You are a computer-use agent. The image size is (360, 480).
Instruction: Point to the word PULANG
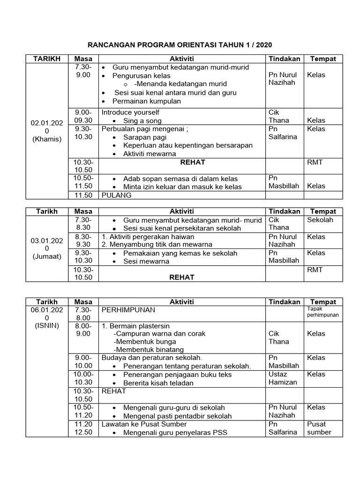tap(117, 195)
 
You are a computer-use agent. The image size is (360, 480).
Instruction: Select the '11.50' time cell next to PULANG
tap(83, 195)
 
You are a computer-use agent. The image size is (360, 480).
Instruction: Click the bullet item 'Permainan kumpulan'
tap(146, 101)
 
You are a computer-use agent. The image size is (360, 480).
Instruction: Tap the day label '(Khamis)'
tap(46, 139)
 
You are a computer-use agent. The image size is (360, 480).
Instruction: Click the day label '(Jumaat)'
tap(46, 256)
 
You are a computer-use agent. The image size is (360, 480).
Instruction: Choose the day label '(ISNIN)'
tap(46, 326)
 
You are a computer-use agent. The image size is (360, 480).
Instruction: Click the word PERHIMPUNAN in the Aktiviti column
tap(128, 310)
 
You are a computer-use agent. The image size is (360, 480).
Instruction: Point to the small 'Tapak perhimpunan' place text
tap(322, 312)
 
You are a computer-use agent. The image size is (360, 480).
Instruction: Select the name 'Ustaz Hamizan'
tap(283, 378)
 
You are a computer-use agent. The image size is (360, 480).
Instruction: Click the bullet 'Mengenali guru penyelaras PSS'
tap(175, 432)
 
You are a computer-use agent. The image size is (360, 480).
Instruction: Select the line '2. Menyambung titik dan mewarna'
tap(157, 244)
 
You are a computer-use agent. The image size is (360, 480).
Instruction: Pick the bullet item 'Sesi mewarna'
tap(146, 261)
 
